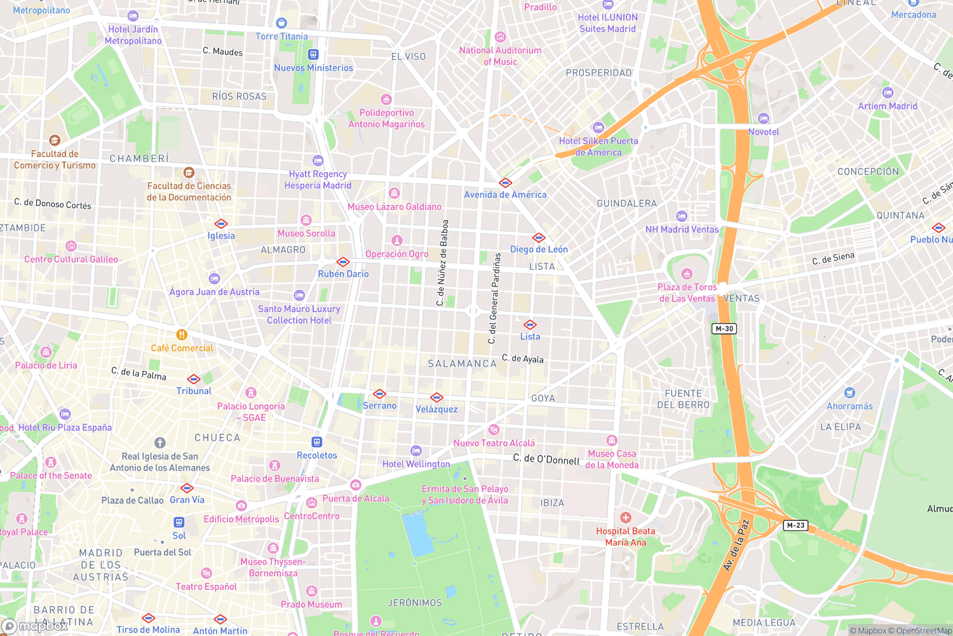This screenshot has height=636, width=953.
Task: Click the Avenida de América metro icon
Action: tap(505, 183)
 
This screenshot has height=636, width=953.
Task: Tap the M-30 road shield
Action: tap(724, 329)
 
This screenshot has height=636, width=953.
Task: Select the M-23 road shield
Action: tap(795, 525)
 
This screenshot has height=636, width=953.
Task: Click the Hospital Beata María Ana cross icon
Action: tap(626, 518)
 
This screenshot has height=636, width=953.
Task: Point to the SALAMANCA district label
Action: tap(462, 364)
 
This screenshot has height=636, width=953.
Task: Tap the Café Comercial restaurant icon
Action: tap(182, 335)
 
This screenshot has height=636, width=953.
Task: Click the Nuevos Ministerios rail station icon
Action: tap(313, 55)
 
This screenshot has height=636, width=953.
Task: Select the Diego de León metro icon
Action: tap(539, 238)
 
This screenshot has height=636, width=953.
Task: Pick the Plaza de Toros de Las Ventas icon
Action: tap(687, 274)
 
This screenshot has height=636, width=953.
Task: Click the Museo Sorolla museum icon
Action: tap(306, 221)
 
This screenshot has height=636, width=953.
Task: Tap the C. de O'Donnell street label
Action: tap(546, 459)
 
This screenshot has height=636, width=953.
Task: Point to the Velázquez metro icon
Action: tap(436, 397)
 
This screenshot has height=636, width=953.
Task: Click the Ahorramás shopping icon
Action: tap(849, 393)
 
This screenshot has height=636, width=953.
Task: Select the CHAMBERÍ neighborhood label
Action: tap(139, 158)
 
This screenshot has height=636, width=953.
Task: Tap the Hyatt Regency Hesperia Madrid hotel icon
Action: tap(318, 161)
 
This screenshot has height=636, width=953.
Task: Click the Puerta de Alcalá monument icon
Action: tap(356, 485)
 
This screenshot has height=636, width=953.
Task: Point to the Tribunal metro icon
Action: tap(194, 379)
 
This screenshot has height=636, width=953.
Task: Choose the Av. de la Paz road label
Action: tap(736, 546)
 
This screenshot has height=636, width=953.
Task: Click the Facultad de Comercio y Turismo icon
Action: tap(55, 141)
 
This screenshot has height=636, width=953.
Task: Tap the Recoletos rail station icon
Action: tap(317, 442)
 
